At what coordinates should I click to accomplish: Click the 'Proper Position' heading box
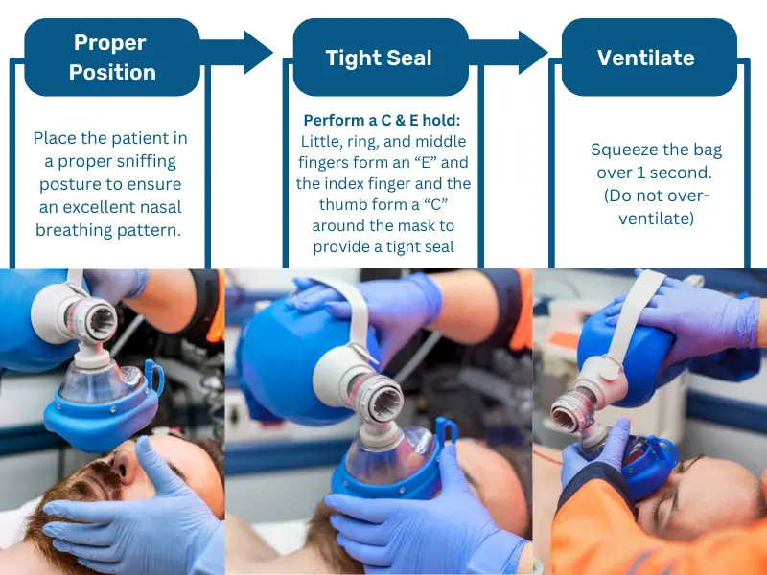click(x=112, y=57)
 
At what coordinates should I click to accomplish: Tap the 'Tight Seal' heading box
click(x=381, y=57)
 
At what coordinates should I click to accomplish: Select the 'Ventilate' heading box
click(x=649, y=57)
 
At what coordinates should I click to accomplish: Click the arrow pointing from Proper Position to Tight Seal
click(x=237, y=53)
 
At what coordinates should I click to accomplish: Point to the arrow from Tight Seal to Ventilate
click(x=509, y=53)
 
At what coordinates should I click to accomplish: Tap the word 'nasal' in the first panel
click(x=160, y=207)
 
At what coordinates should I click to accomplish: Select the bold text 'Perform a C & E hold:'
click(x=382, y=121)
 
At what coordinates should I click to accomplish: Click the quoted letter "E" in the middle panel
click(x=425, y=162)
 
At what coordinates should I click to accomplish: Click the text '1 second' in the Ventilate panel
click(x=676, y=172)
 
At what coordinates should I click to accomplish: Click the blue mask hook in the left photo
click(x=153, y=376)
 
